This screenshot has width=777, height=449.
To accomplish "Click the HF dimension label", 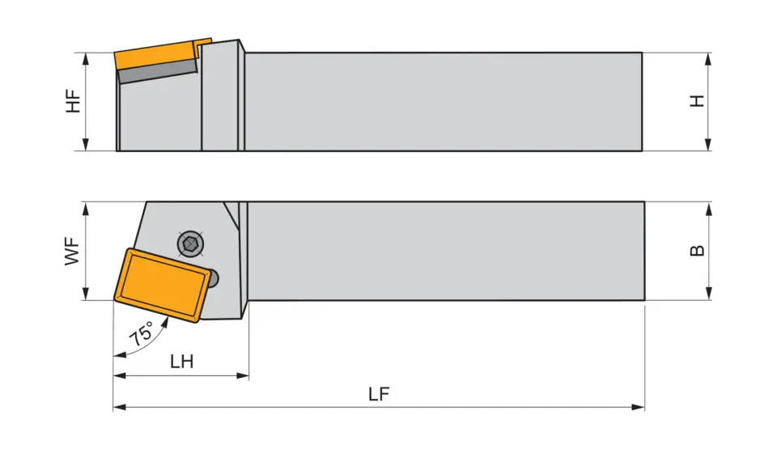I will (74, 101).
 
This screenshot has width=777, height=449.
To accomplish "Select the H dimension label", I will (697, 101).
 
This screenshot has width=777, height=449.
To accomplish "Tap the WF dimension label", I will (74, 251).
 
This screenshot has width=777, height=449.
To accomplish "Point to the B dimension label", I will (697, 251).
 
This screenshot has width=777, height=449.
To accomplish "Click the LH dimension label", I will (181, 362).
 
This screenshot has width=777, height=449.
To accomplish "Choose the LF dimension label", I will (379, 394).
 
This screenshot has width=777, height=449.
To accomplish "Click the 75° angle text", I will (142, 333).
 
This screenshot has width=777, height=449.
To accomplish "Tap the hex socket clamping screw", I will (189, 242).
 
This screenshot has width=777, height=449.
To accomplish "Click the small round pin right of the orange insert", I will (214, 278).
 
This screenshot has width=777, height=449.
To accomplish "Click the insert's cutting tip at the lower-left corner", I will (114, 299).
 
